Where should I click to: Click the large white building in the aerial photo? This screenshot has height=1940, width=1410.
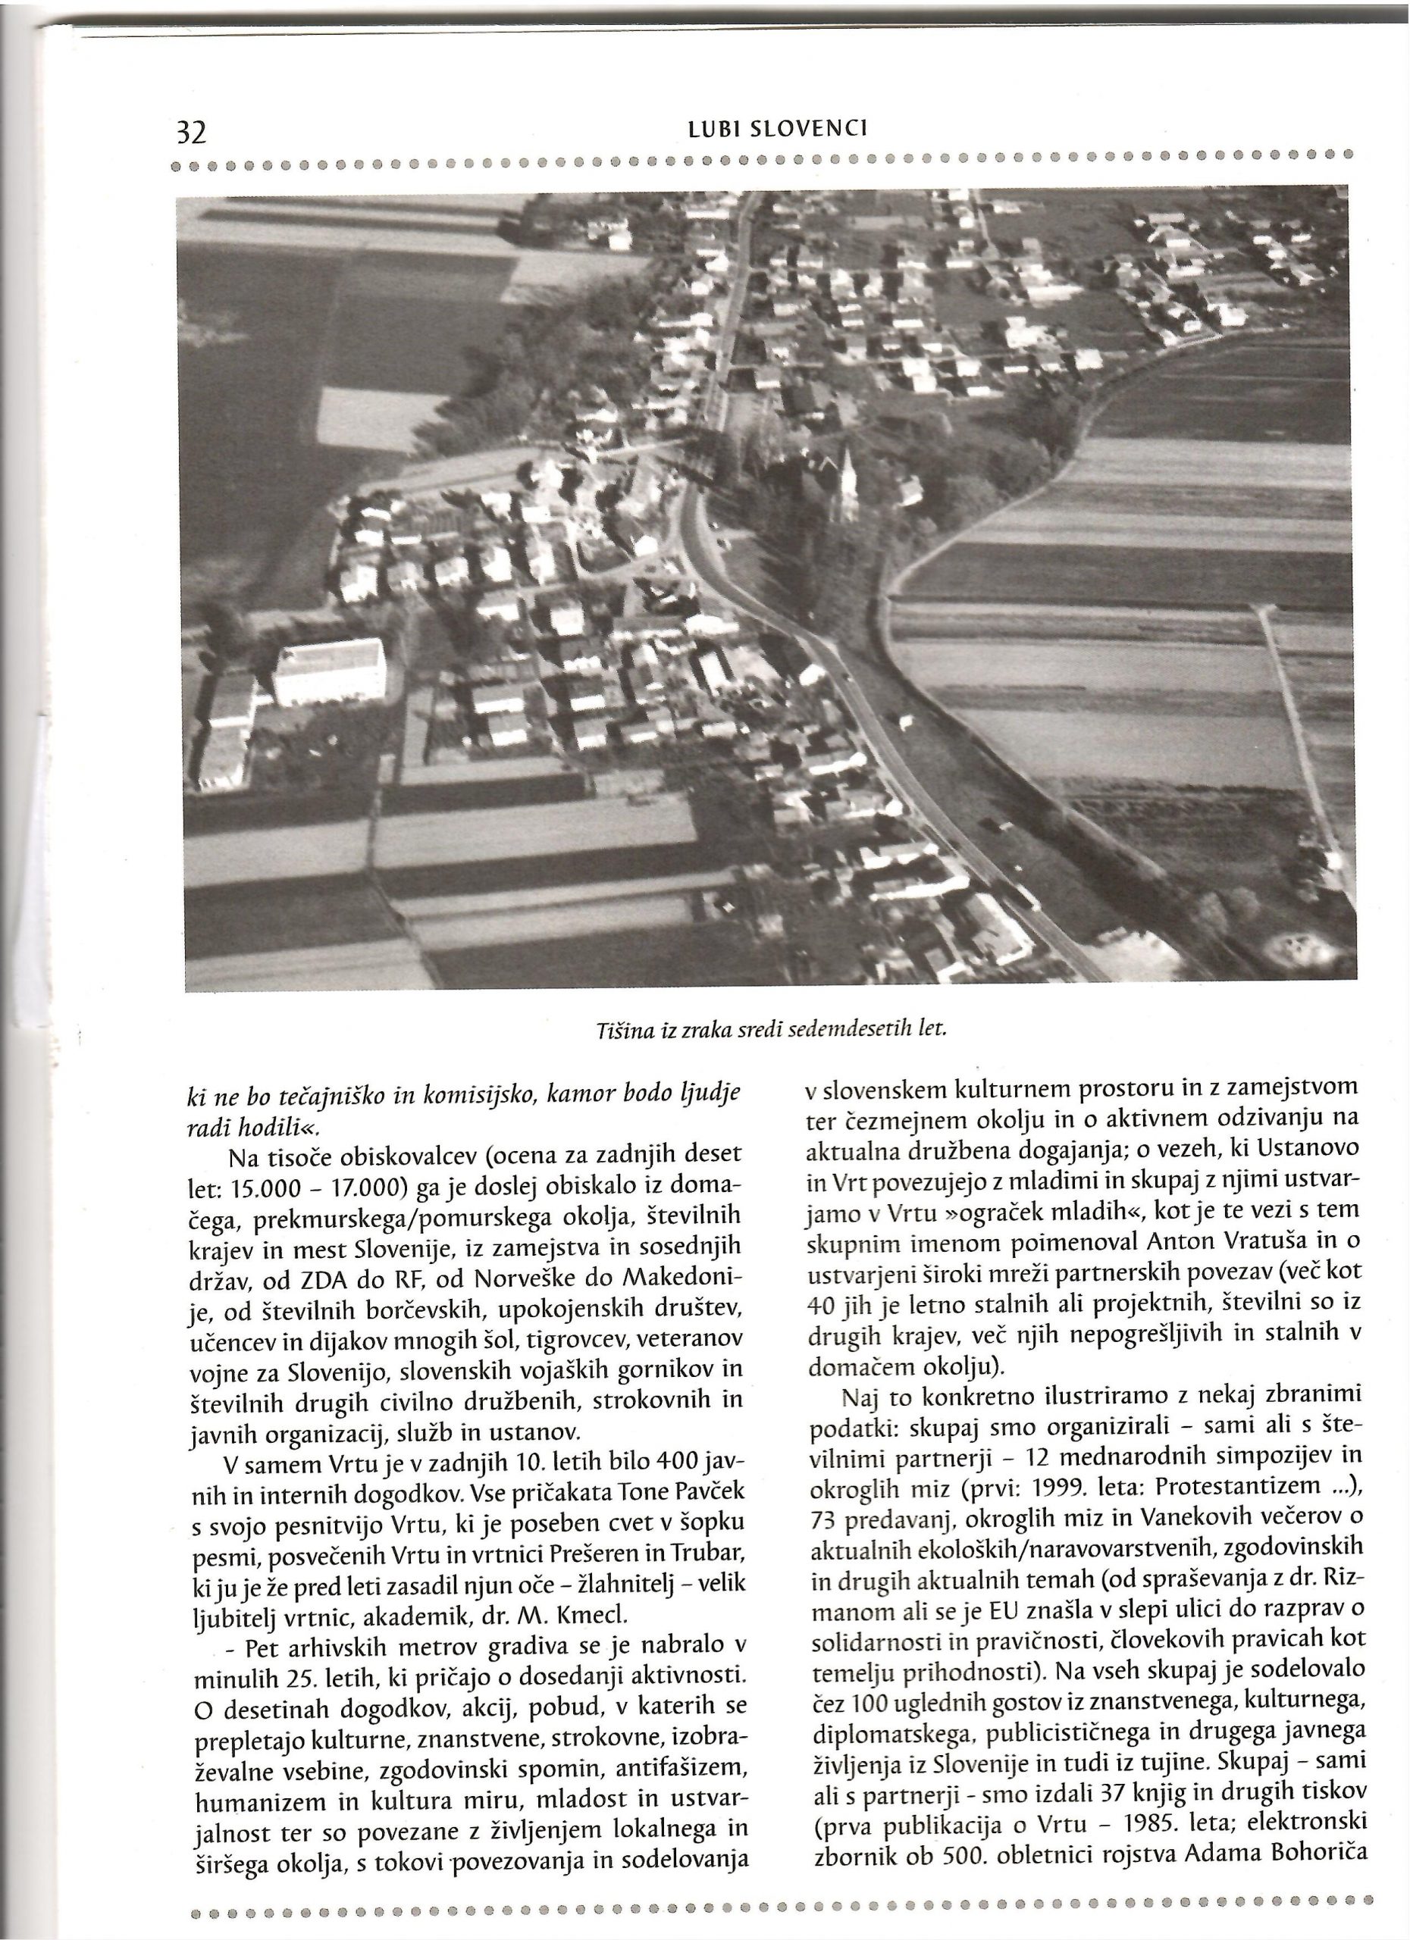(x=330, y=673)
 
